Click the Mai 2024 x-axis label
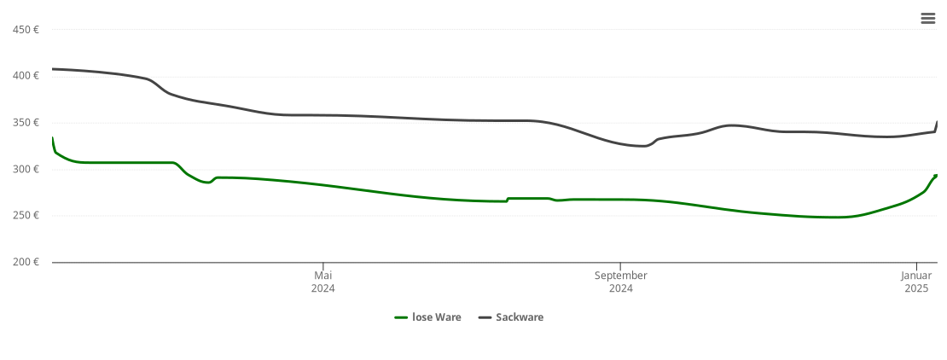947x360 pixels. pos(323,282)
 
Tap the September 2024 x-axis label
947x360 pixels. pos(620,282)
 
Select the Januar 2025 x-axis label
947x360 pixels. pos(916,282)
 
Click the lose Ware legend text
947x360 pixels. pos(436,317)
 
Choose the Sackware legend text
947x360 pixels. pos(520,317)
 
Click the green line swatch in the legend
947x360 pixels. pos(401,317)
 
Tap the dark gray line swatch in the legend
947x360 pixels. pos(485,317)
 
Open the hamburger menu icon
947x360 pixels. pos(928,19)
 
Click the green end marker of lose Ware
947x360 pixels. pos(936,176)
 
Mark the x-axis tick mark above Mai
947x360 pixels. pos(323,265)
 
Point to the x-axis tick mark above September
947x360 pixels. pos(620,265)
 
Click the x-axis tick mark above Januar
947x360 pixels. pos(916,265)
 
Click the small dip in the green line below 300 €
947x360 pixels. pos(207,182)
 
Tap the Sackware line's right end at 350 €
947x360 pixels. pos(937,123)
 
